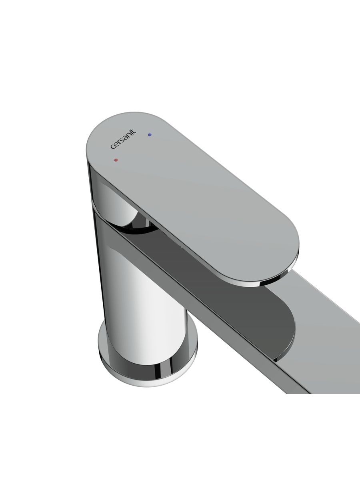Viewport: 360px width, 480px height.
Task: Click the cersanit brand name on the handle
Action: [x=123, y=139]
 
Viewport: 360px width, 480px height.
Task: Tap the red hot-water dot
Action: [x=116, y=160]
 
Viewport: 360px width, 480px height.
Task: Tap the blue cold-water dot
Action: [x=150, y=135]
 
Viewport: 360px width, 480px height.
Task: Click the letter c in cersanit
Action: [x=112, y=147]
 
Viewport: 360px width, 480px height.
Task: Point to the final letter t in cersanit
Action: [x=134, y=132]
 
